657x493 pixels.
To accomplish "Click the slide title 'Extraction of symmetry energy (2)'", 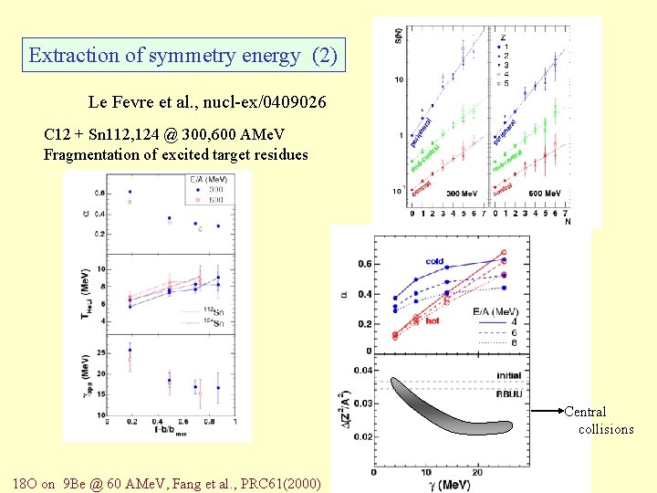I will (182, 56).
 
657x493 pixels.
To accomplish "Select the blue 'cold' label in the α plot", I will (434, 262).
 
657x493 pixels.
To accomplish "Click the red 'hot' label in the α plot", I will (433, 321).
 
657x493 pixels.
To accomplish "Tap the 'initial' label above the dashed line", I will (509, 375).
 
